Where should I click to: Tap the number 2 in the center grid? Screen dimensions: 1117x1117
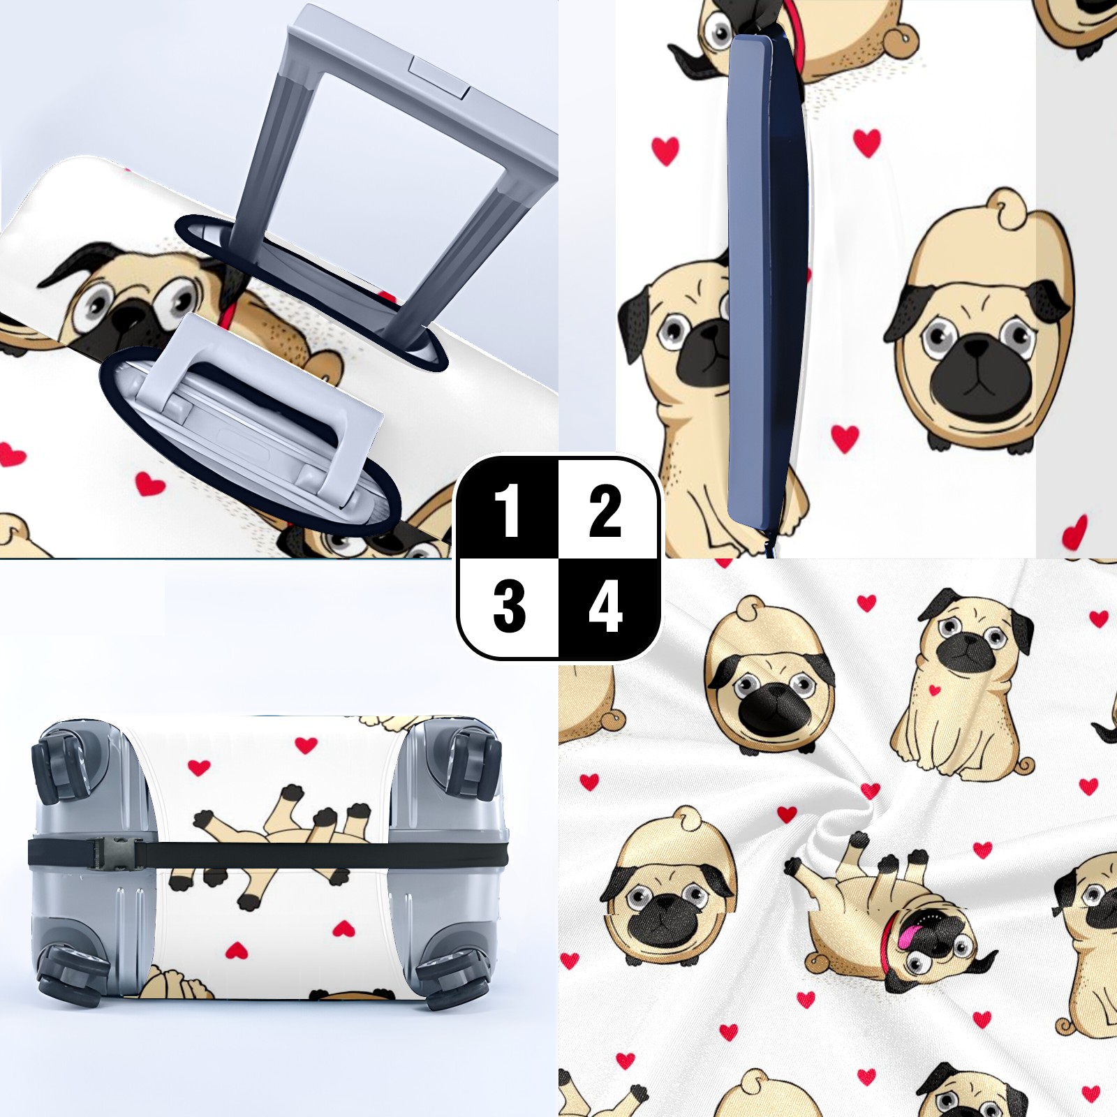pyautogui.click(x=605, y=511)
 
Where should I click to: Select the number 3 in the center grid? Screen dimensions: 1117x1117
pyautogui.click(x=509, y=607)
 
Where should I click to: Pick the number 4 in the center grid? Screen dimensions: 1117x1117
pyautogui.click(x=605, y=607)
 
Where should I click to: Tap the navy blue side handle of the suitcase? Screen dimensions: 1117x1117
pyautogui.click(x=767, y=283)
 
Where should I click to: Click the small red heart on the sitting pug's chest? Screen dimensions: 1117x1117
pyautogui.click(x=935, y=690)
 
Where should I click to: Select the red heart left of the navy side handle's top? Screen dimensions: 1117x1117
pyautogui.click(x=665, y=151)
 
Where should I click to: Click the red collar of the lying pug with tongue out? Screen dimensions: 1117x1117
pyautogui.click(x=891, y=939)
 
